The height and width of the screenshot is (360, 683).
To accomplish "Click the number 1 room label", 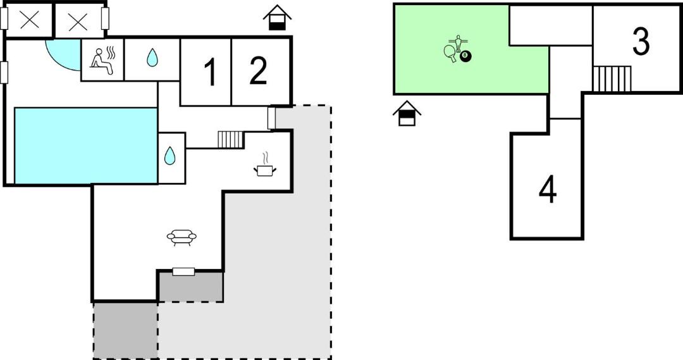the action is [x=210, y=72].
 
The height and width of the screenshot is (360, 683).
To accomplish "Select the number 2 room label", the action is [x=258, y=71].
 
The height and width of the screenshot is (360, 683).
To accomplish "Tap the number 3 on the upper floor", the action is [x=641, y=42].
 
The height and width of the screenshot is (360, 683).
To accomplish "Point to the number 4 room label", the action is [x=548, y=190].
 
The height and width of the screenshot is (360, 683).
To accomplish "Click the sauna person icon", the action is [x=103, y=61].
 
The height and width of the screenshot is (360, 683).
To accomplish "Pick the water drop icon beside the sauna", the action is [x=152, y=58].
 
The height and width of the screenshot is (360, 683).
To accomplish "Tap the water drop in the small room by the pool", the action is [x=170, y=156].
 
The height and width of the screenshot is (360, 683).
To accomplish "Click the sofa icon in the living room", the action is [x=182, y=237].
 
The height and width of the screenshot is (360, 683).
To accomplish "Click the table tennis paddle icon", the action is [x=450, y=53].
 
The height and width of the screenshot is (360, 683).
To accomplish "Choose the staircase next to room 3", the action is [x=612, y=79].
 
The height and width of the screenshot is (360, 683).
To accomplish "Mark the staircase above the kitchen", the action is [x=231, y=140].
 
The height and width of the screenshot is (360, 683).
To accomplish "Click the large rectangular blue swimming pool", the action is [x=86, y=146].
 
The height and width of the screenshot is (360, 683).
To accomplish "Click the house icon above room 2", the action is [x=277, y=18].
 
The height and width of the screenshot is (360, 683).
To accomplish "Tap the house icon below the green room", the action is [x=407, y=113].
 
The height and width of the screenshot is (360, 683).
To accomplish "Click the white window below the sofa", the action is [x=183, y=272].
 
